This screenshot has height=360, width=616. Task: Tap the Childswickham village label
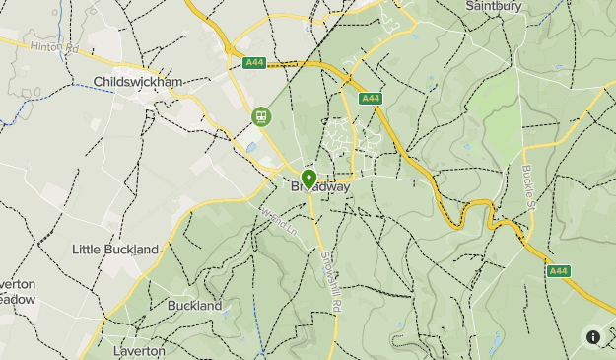click(138, 81)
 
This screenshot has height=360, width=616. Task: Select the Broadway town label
click(320, 186)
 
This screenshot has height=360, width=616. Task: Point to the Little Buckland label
click(115, 250)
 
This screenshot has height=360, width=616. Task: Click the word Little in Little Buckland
click(86, 250)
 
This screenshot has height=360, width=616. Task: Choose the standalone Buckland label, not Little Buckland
click(194, 306)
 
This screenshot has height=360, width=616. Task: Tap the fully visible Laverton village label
click(138, 350)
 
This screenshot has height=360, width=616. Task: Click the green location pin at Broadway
click(308, 179)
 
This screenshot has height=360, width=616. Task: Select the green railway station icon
click(261, 116)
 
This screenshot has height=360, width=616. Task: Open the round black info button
click(593, 336)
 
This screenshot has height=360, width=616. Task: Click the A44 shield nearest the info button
click(559, 270)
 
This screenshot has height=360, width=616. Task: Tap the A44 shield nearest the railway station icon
click(254, 62)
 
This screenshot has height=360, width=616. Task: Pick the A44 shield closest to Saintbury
click(371, 99)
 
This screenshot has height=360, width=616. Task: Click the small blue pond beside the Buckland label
click(226, 314)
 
